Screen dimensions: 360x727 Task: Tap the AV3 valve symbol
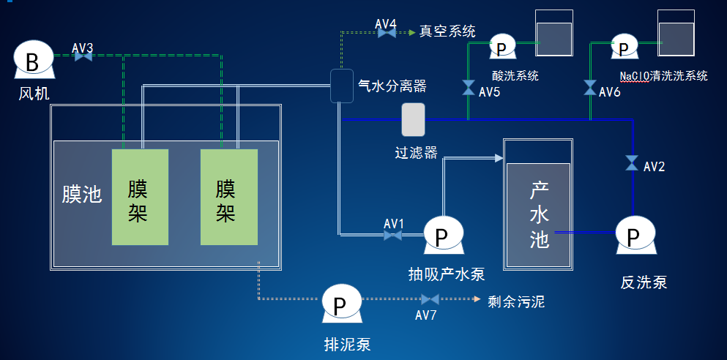83,56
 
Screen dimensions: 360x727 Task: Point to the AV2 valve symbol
632,163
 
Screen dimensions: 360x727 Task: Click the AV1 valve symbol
393,235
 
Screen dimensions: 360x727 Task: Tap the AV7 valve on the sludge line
430,299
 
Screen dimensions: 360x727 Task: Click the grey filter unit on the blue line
413,119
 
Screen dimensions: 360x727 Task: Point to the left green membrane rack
140,197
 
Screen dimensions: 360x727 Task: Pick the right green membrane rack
228,197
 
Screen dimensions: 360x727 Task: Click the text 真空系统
447,31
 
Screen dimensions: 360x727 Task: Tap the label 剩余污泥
516,301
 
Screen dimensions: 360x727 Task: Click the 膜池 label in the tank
81,195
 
